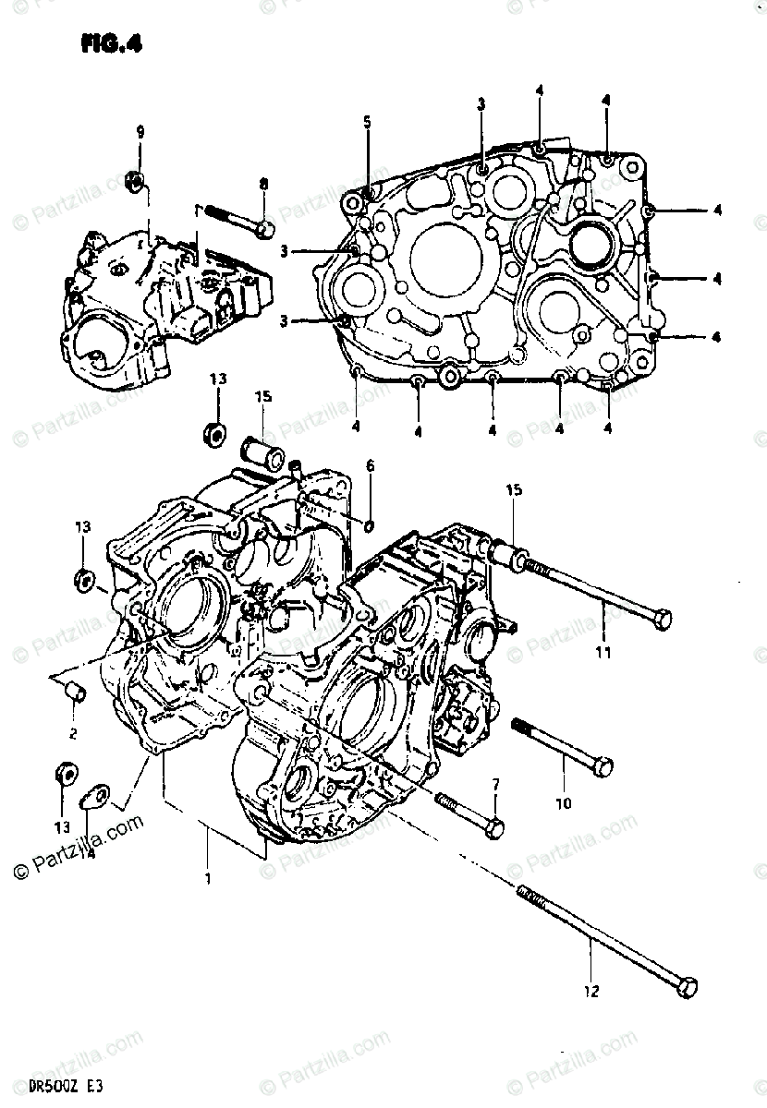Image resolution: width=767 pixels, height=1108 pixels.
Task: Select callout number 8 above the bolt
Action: click(x=263, y=184)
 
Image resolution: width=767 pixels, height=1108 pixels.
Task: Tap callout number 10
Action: click(x=563, y=803)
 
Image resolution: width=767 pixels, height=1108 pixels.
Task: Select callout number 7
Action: click(x=495, y=785)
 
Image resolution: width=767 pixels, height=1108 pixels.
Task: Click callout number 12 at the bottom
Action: click(x=591, y=992)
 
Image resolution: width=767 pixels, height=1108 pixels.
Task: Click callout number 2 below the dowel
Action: click(x=72, y=734)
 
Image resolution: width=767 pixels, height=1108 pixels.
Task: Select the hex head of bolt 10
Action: click(x=602, y=765)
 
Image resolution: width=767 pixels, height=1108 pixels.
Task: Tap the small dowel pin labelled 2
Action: click(x=74, y=692)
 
